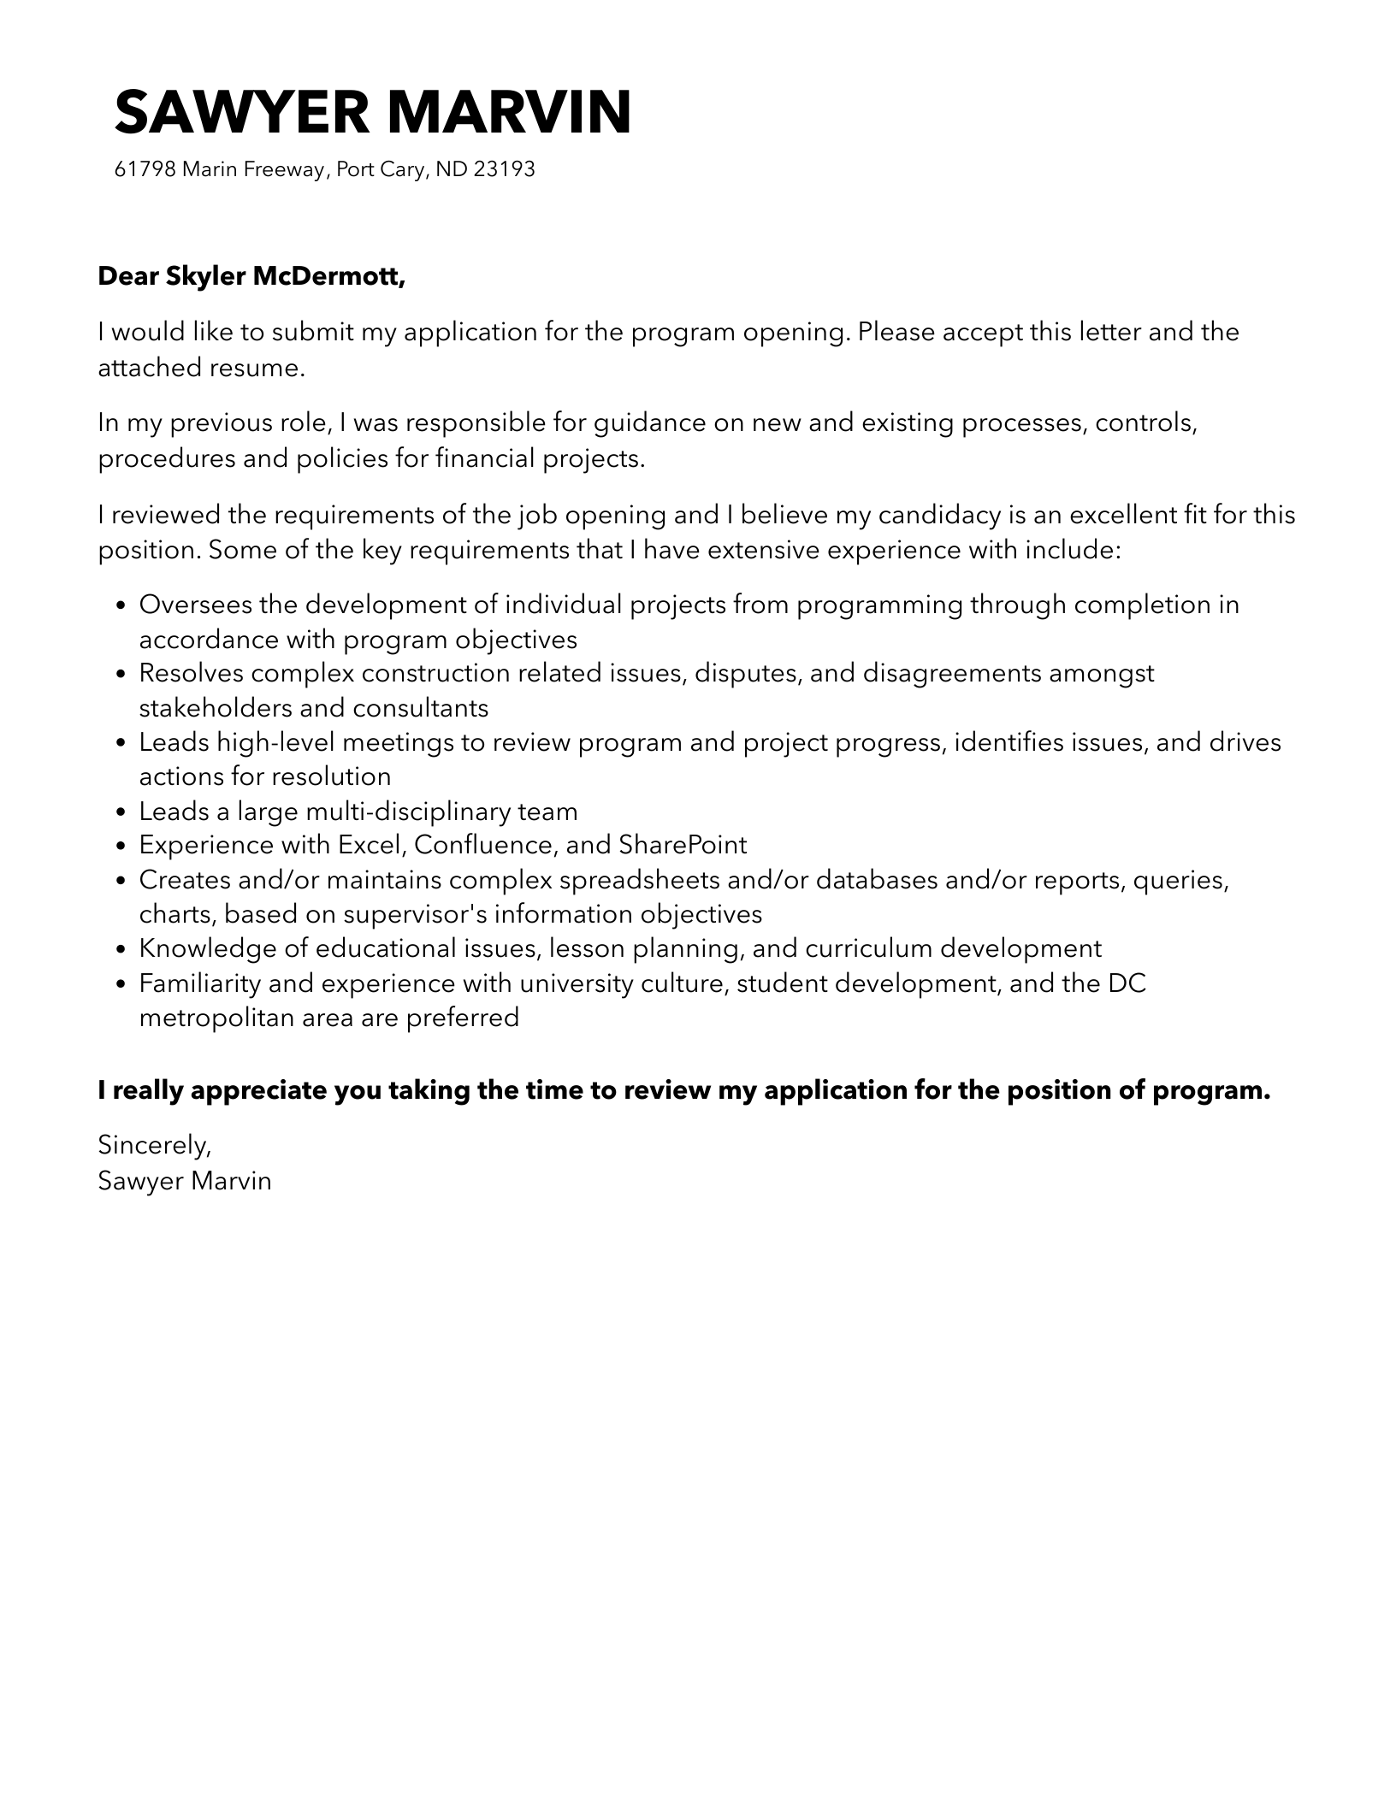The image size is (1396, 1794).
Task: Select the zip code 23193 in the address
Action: [504, 169]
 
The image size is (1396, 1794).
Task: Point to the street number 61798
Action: [145, 169]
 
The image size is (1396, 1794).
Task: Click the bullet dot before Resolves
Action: [121, 675]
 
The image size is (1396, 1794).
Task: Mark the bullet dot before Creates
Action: [121, 881]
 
